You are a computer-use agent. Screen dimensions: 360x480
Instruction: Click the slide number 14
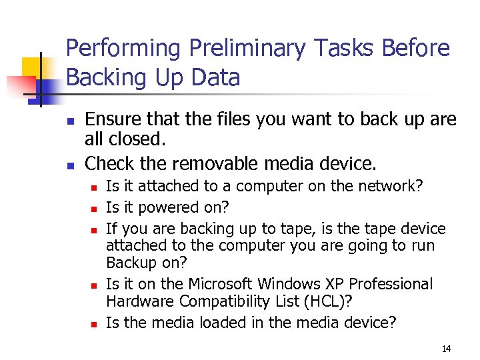tap(446, 349)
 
